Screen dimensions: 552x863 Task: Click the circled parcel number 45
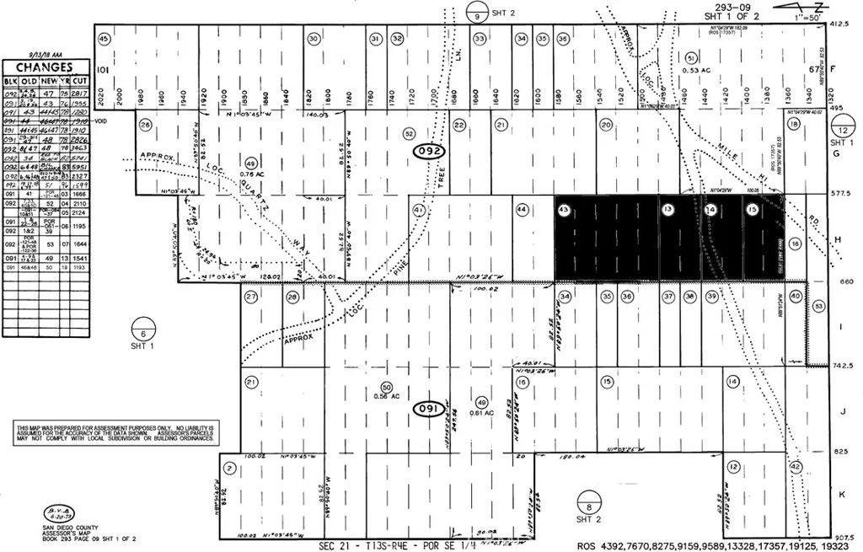105,39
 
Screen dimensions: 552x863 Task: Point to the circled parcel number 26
145,126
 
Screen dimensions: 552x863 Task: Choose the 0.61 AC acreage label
481,413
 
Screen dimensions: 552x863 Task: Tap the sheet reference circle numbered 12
843,130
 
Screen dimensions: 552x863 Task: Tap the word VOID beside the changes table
103,121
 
